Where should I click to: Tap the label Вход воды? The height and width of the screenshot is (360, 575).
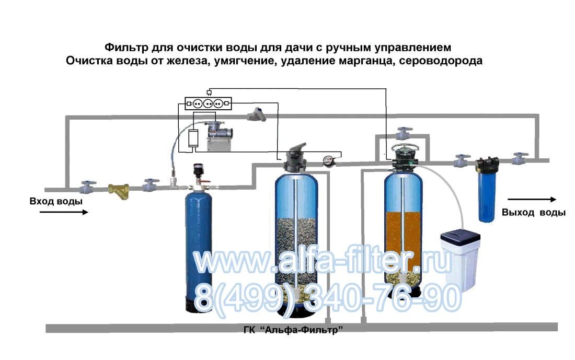click(56, 201)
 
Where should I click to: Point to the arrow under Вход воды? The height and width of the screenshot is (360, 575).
click(64, 212)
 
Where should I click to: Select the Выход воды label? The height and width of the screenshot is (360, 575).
click(534, 213)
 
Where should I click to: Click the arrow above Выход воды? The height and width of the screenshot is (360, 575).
click(532, 200)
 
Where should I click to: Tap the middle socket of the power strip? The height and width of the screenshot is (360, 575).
click(208, 104)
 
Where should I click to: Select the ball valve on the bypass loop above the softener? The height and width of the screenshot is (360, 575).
click(405, 133)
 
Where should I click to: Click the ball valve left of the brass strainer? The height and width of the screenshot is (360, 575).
click(88, 187)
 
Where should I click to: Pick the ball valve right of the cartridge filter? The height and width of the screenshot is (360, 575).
click(520, 159)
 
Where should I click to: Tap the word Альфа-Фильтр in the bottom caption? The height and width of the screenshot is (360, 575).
click(304, 330)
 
